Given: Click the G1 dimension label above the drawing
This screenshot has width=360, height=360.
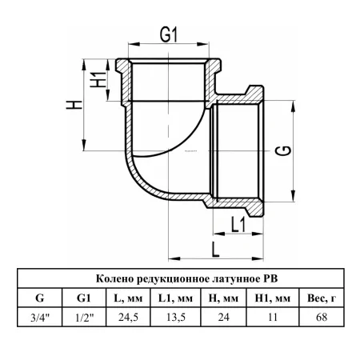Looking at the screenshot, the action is [169, 34].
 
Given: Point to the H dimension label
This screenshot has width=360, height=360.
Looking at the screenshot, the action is [74, 105].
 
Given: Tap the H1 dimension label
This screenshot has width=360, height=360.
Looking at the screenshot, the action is [98, 80].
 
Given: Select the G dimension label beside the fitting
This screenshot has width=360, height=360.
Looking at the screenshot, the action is [283, 150].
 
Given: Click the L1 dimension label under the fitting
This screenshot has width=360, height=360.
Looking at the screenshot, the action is [238, 224].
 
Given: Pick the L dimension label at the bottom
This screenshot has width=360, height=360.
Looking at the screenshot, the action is [215, 250].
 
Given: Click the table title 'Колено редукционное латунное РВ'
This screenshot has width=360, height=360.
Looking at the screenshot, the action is [186, 278].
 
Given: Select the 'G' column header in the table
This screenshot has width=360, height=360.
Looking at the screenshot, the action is [40, 298].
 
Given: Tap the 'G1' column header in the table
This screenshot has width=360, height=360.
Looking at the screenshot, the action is [83, 298].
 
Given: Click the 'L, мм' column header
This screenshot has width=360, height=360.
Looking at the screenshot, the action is [128, 298].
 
